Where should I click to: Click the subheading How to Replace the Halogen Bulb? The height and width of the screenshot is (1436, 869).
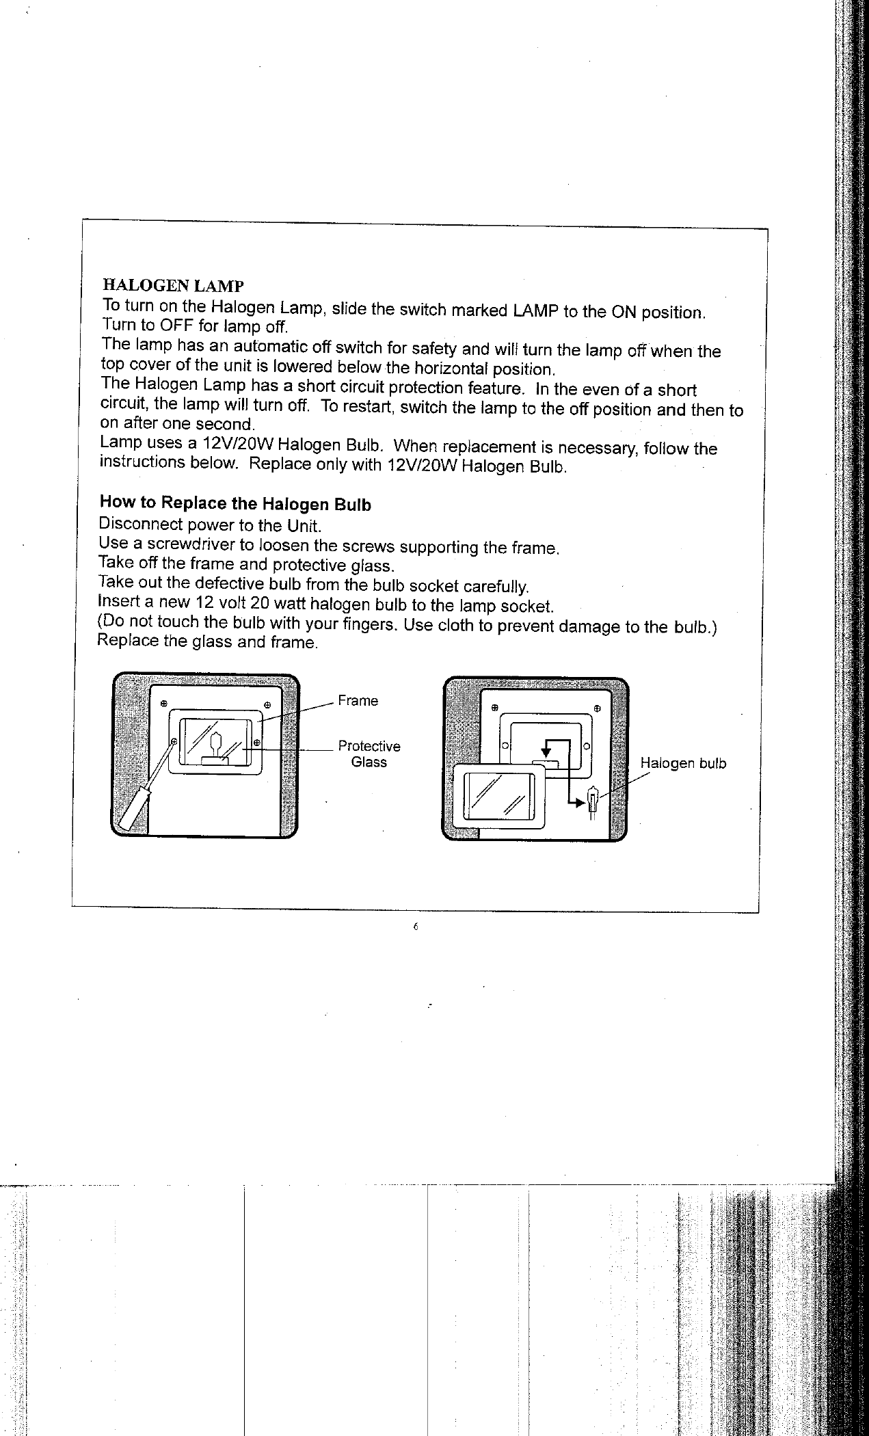point(235,503)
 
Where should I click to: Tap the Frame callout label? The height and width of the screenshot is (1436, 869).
point(358,701)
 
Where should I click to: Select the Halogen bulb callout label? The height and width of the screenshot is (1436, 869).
point(682,763)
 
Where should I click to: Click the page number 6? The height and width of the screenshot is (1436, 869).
point(415,928)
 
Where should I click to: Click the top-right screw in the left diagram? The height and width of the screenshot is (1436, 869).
point(268,704)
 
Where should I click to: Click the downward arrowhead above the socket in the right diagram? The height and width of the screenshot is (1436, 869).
point(546,753)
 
